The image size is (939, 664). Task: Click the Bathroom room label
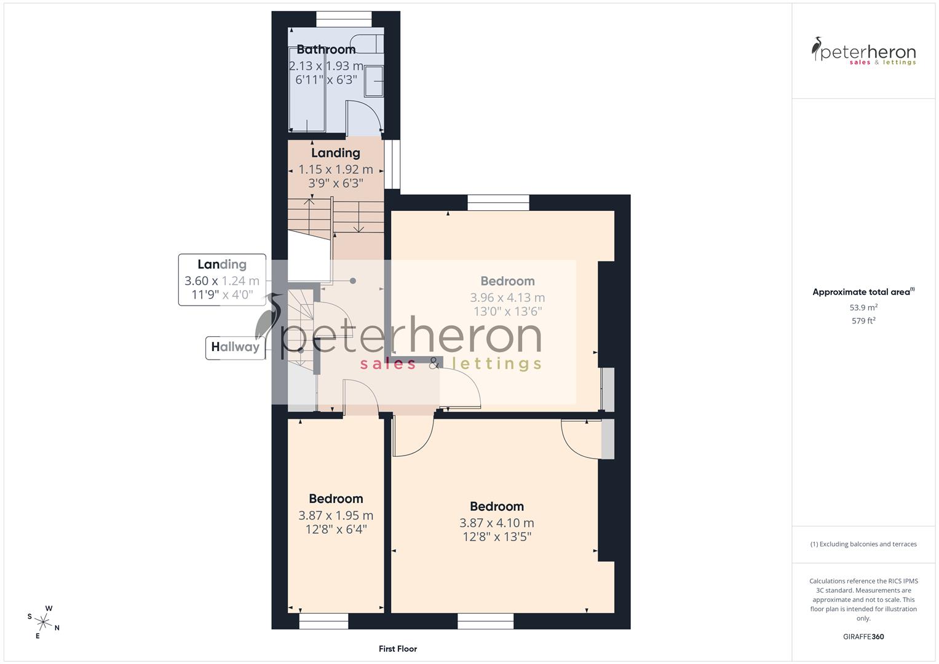click(x=326, y=50)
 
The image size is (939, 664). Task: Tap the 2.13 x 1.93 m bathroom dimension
click(x=326, y=66)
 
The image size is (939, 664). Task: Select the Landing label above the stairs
click(x=335, y=153)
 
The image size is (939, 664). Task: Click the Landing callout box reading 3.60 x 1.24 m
click(x=222, y=280)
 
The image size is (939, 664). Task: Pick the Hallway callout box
click(x=235, y=347)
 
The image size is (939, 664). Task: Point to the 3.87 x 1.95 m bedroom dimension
click(x=336, y=515)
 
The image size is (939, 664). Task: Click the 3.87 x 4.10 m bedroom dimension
click(x=496, y=523)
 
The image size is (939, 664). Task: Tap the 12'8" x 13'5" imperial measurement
click(x=496, y=537)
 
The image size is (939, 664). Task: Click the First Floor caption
click(x=397, y=649)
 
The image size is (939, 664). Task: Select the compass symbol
click(x=44, y=621)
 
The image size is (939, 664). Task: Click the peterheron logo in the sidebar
click(x=863, y=52)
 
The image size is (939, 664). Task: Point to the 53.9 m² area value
click(x=863, y=307)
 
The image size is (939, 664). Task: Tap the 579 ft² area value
click(x=863, y=321)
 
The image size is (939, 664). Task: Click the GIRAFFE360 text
click(x=863, y=637)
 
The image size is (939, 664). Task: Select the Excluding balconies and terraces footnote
click(x=863, y=544)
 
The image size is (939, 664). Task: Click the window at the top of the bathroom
click(x=344, y=20)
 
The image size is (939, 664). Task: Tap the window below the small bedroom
click(x=323, y=622)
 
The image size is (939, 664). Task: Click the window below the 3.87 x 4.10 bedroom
click(x=486, y=622)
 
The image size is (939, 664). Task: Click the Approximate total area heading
click(x=863, y=292)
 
